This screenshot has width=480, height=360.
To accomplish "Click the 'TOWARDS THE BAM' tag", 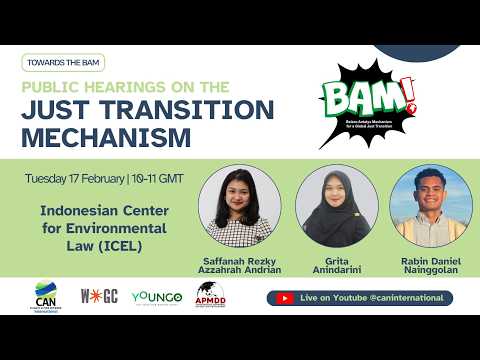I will pyautogui.click(x=62, y=62).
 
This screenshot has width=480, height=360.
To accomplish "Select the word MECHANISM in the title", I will pyautogui.click(x=107, y=135).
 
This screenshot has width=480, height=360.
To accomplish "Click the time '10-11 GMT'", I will pyautogui.click(x=157, y=180).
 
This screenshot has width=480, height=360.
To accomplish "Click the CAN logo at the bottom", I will pyautogui.click(x=46, y=297).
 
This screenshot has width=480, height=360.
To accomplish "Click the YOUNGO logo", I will pyautogui.click(x=155, y=297).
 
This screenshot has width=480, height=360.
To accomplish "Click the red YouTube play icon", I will pyautogui.click(x=283, y=298).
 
